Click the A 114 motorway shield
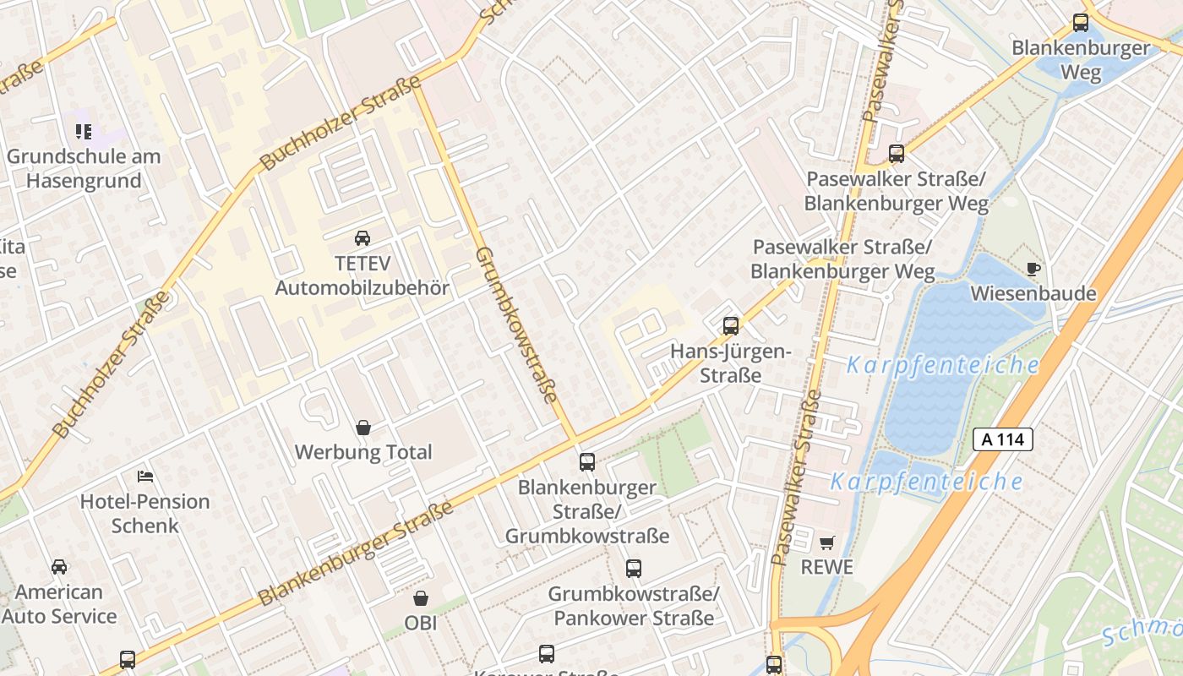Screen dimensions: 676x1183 point(1003,439)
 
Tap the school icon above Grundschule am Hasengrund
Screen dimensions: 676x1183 point(83,132)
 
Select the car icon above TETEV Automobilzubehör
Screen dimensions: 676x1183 point(363,238)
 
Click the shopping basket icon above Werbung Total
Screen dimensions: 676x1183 point(363,428)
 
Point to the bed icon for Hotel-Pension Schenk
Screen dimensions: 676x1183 point(145,477)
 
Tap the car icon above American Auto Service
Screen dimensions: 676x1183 point(59,567)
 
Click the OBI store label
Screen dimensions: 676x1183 point(421,624)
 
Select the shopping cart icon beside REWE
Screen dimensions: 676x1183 point(826,542)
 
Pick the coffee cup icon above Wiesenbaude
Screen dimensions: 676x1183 point(1033,270)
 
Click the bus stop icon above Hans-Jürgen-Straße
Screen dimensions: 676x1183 point(731,326)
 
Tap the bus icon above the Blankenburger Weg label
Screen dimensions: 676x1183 point(1081,23)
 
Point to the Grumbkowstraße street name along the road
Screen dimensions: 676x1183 point(516,324)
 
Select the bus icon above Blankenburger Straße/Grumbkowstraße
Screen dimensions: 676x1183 point(587,462)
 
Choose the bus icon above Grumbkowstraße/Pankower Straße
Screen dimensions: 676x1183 point(634,570)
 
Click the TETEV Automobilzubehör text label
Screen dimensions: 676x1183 point(363,275)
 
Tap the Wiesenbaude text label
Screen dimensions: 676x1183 point(1033,294)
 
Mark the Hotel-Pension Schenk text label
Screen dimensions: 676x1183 point(145,513)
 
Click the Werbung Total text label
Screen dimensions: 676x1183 point(363,452)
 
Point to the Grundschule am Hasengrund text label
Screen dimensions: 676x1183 point(84,168)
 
